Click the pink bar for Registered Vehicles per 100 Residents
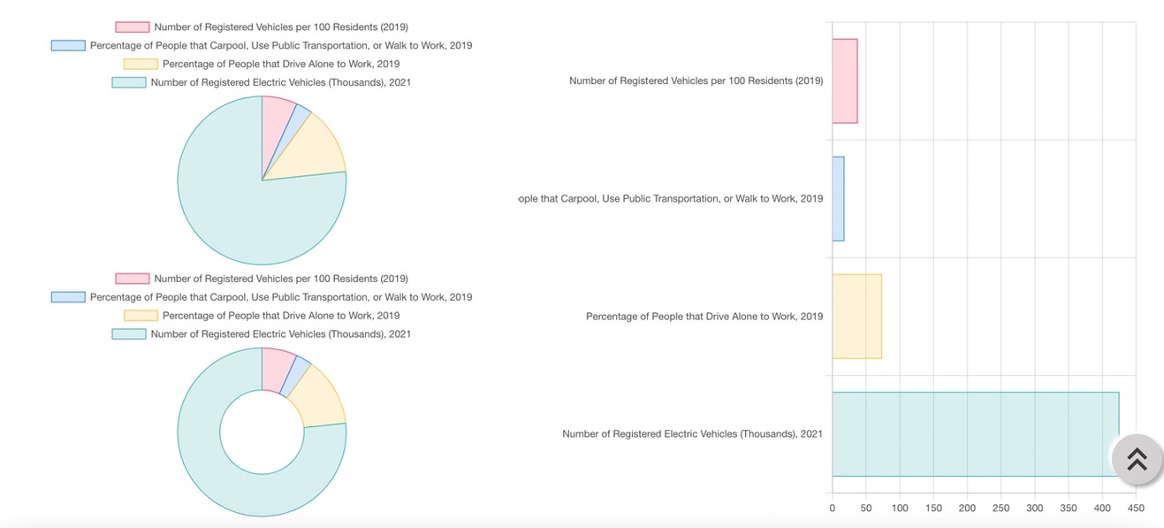coord(844,80)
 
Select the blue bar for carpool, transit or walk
coord(838,198)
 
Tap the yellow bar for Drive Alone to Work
coord(856,316)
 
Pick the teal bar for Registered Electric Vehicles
coord(972,433)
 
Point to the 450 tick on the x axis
coord(1136,509)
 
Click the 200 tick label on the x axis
coord(967,509)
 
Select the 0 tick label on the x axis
coord(832,509)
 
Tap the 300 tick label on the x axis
coord(1035,509)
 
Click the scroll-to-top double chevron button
coord(1137,459)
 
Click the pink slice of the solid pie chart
coord(276,119)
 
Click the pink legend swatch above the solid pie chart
coord(132,27)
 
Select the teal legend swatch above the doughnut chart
coord(128,334)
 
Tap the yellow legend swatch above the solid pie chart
coord(141,64)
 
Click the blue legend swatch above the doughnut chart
coord(68,297)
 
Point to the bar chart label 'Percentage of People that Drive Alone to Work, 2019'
coord(704,317)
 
